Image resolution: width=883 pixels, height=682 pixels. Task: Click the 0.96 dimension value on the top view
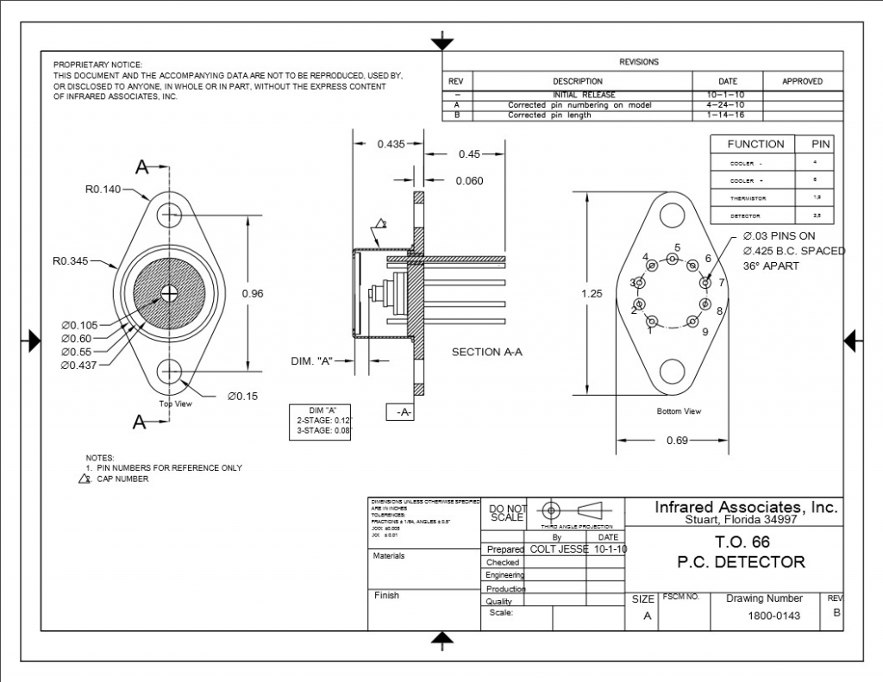(x=253, y=294)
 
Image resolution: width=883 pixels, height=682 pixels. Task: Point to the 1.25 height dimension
(x=592, y=293)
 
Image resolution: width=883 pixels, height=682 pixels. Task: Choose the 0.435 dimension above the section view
(x=391, y=144)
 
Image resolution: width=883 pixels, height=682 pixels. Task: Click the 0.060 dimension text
(x=469, y=181)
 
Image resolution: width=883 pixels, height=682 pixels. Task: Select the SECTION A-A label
(x=487, y=352)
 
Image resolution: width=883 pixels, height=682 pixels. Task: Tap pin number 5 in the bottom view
(x=677, y=247)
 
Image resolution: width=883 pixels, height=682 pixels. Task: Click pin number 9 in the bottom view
(x=705, y=331)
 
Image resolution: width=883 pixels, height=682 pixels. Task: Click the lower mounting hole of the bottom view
(x=673, y=372)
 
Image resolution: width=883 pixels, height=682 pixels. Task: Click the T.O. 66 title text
(x=742, y=542)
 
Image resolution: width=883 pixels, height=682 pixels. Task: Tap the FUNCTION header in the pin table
(x=755, y=144)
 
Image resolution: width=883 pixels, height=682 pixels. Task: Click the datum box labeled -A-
(x=403, y=413)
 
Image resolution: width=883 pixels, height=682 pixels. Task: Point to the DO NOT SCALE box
(x=507, y=513)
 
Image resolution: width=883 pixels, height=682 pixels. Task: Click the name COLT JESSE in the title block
(x=559, y=549)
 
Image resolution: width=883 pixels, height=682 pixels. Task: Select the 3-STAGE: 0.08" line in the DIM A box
(x=320, y=429)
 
